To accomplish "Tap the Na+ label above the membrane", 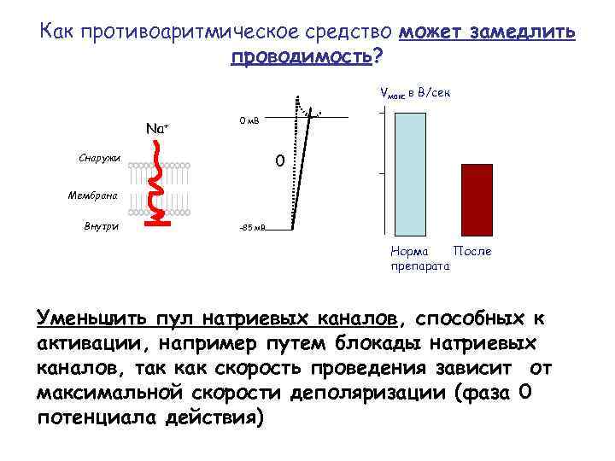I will [x=157, y=129].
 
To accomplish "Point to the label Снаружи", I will [x=99, y=160].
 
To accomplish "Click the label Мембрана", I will [x=94, y=195].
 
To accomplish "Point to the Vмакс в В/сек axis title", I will [x=413, y=93].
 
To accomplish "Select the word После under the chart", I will [x=472, y=253].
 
